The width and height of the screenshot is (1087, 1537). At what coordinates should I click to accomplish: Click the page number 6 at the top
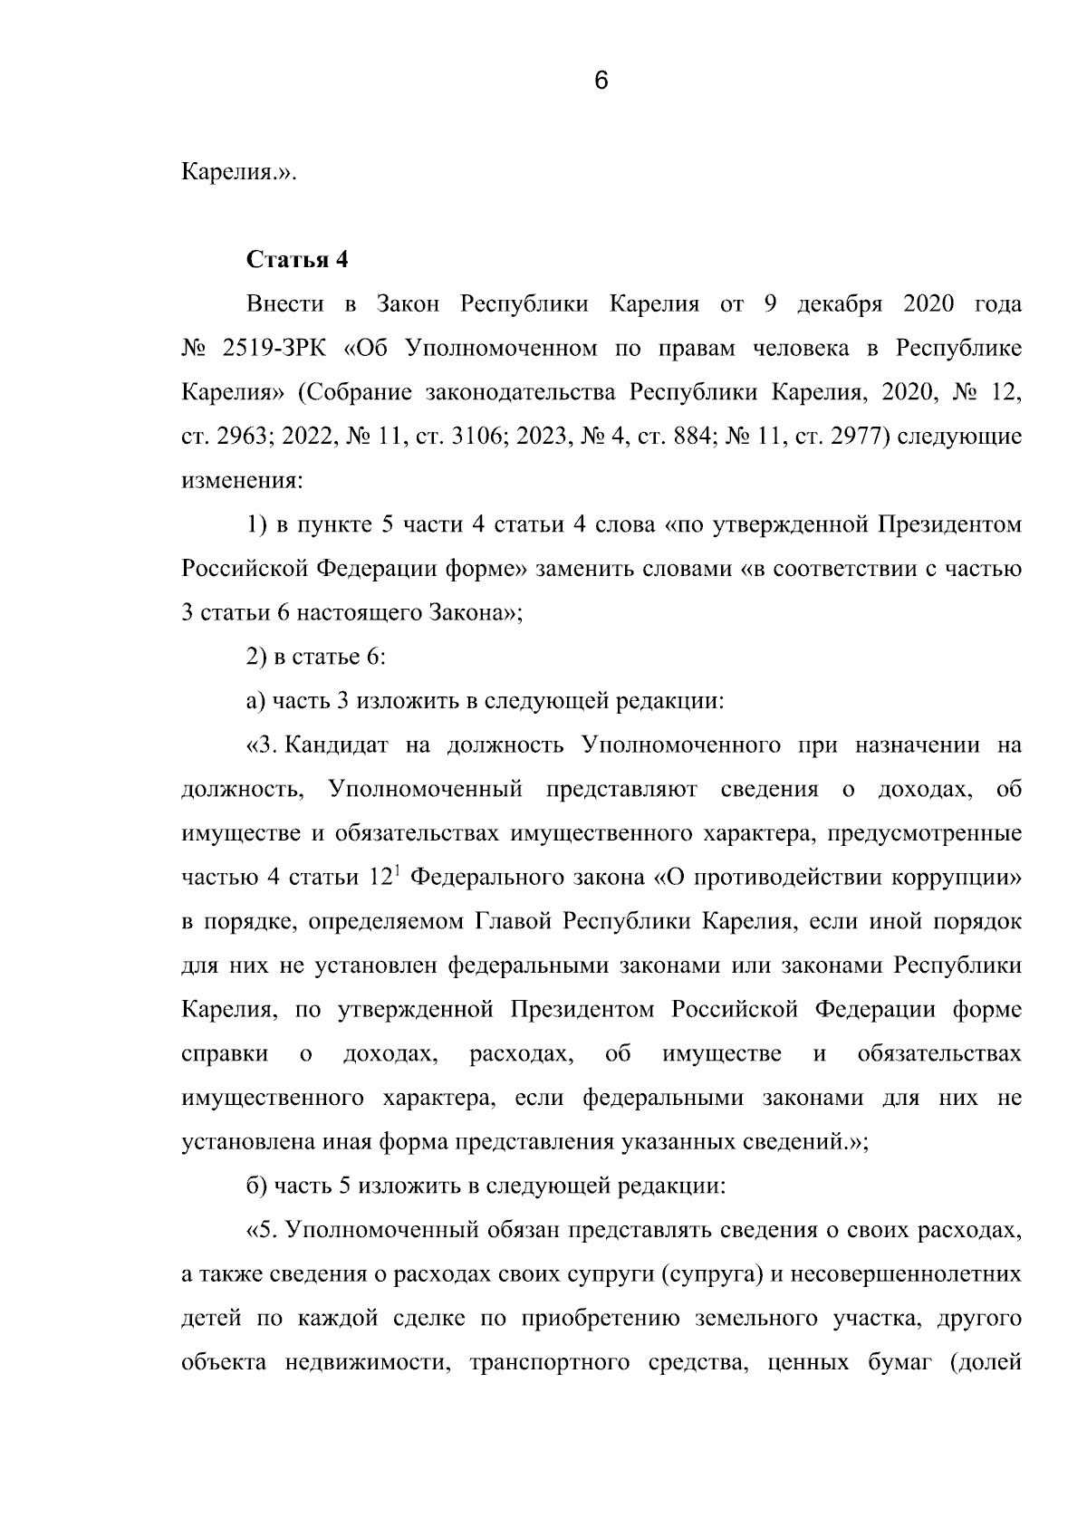coord(601,81)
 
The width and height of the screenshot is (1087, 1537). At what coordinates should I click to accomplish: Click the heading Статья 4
coord(297,260)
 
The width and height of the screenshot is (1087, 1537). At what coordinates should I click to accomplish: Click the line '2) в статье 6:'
coord(316,658)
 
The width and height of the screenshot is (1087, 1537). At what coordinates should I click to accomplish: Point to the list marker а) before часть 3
coord(255,702)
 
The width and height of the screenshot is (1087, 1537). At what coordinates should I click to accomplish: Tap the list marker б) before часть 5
coord(255,1186)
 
